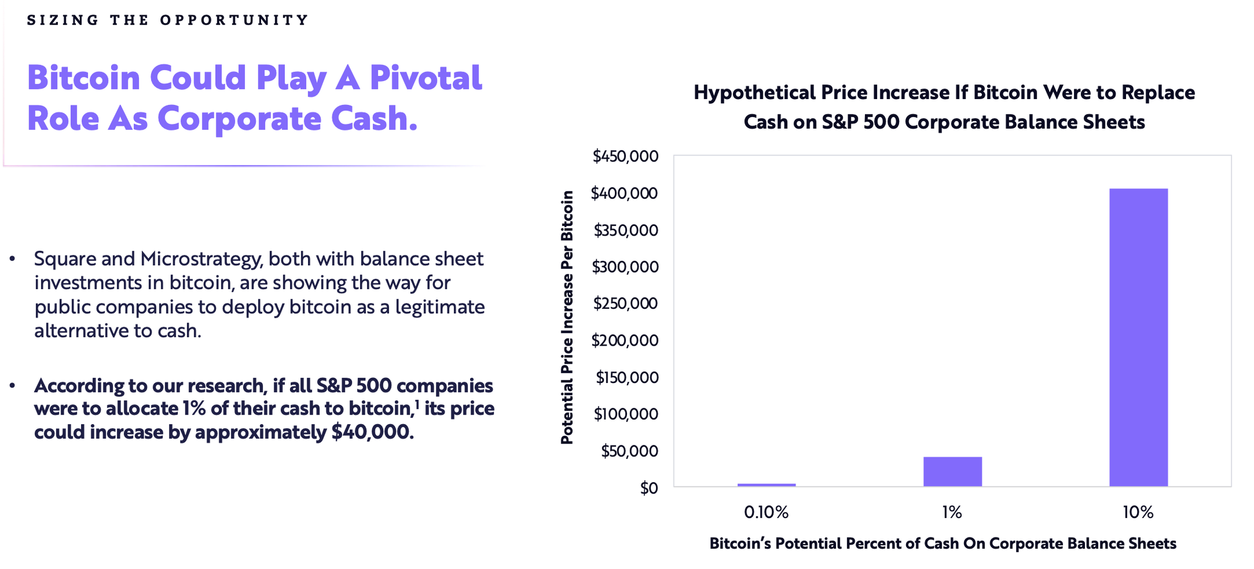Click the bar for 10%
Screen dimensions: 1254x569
click(1138, 337)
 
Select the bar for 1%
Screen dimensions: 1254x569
click(952, 472)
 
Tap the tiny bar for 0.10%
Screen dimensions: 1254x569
click(767, 485)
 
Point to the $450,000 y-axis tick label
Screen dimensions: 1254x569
click(625, 156)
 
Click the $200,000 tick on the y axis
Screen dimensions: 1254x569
click(625, 340)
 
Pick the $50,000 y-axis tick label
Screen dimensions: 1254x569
click(630, 451)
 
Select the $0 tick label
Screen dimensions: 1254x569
click(649, 488)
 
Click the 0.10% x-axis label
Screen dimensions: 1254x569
click(766, 512)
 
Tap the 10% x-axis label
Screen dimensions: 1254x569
click(1138, 512)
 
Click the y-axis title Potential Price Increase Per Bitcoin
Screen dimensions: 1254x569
click(567, 317)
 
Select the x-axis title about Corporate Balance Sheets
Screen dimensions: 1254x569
click(943, 543)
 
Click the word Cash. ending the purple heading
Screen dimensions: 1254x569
click(374, 118)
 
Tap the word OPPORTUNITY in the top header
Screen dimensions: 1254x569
click(234, 20)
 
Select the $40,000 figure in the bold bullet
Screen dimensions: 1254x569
click(372, 432)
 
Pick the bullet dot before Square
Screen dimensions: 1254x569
click(12, 259)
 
